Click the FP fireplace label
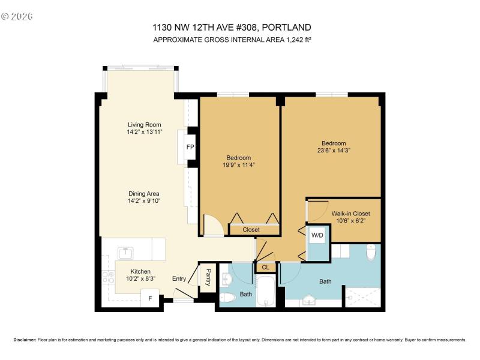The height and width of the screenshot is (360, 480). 190,147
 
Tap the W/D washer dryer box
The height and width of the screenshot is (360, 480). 317,236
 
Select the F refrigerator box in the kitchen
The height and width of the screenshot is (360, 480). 149,298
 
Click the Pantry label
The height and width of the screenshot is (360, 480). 208,277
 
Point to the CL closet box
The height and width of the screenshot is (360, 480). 265,267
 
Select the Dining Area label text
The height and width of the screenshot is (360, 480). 143,193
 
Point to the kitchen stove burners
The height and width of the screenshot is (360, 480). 109,277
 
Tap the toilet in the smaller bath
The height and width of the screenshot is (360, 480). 228,298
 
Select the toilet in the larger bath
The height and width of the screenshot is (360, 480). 371,252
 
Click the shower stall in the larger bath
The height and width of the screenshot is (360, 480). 362,296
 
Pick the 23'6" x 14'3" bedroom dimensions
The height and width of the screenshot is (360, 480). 334,151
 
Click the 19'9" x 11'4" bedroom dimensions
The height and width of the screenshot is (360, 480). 239,165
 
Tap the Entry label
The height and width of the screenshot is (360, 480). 179,278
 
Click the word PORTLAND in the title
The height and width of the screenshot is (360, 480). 289,28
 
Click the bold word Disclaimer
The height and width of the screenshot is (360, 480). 25,339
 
